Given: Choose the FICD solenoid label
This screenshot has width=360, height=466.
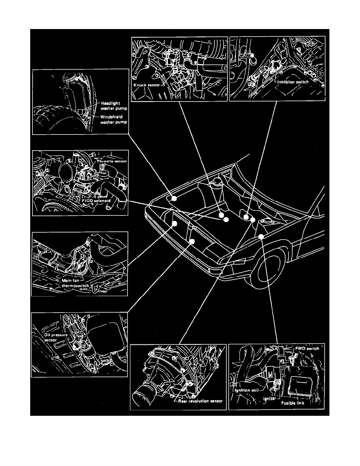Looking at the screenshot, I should tap(97, 200).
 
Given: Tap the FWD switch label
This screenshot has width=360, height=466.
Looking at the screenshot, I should tap(307, 348).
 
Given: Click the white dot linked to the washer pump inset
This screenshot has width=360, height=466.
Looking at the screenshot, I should tap(174, 199).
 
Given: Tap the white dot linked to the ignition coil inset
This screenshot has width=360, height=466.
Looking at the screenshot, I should tap(261, 236).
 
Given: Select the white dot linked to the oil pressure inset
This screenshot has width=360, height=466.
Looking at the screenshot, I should tap(192, 241).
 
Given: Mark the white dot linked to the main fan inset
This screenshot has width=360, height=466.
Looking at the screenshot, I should tap(175, 224).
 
